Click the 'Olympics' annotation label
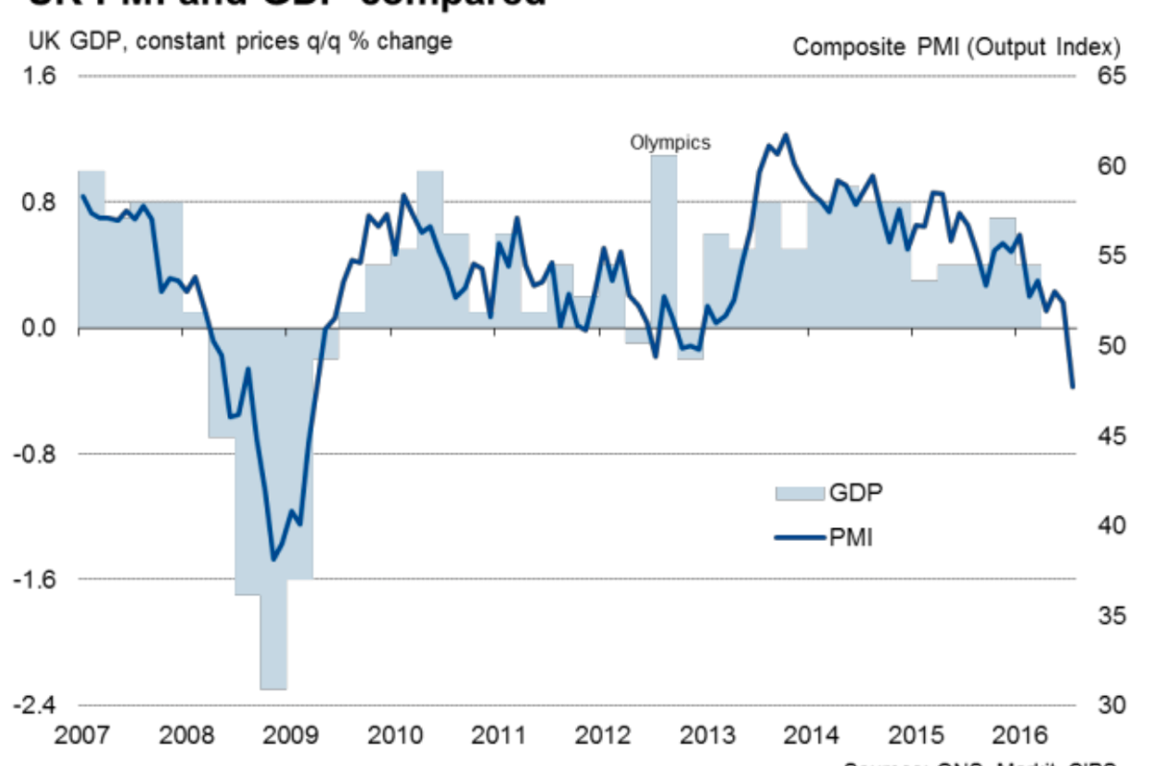[670, 142]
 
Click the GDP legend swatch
[798, 492]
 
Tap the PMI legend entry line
[799, 535]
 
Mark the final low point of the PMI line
[1073, 387]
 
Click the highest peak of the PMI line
[786, 135]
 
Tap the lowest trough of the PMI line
[273, 559]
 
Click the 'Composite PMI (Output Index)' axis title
[956, 46]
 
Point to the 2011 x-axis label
[497, 736]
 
